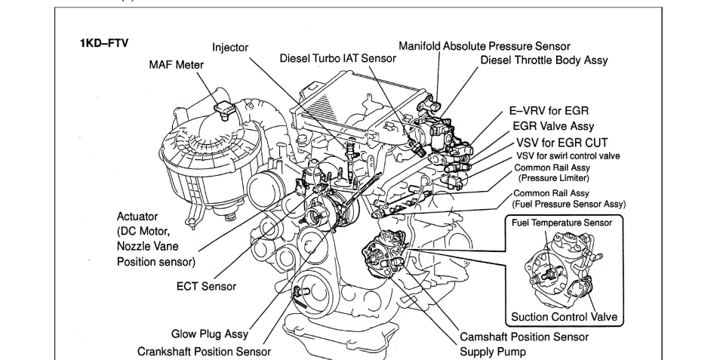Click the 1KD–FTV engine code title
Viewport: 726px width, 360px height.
pos(104,43)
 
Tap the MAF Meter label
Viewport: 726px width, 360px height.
pos(176,65)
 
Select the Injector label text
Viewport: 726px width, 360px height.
pos(230,48)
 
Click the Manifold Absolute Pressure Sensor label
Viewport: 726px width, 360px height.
pos(485,46)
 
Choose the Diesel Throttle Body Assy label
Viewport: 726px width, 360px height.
pos(544,60)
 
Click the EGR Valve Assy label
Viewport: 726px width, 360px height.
pos(553,127)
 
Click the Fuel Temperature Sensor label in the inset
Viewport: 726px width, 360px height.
pos(561,223)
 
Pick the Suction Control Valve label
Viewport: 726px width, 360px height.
pos(564,316)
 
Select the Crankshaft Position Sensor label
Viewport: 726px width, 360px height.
pos(204,351)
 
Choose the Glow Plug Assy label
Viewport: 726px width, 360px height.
pos(209,334)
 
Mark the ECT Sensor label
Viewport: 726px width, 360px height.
pos(206,286)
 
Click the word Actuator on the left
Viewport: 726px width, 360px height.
pos(137,217)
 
